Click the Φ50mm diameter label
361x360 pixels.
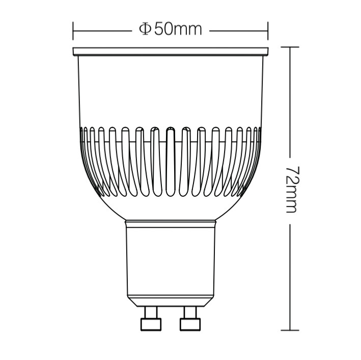coord(171,29)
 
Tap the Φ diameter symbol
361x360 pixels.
coord(145,29)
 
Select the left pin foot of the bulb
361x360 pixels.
coord(151,324)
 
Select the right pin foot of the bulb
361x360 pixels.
coord(190,324)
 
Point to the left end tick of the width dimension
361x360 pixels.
coord(73,31)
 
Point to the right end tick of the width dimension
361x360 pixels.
coord(268,31)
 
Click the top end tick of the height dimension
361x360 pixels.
coord(290,47)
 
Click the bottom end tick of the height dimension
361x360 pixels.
coord(290,331)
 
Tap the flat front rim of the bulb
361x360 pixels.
coord(171,51)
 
